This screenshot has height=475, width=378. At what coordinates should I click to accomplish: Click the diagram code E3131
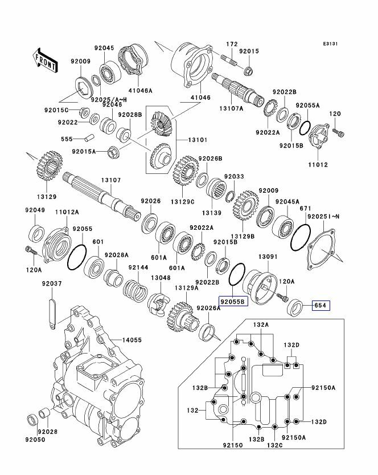332,43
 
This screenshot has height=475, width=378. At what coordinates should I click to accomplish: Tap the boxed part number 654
321,305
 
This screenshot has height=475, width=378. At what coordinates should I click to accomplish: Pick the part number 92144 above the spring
138,267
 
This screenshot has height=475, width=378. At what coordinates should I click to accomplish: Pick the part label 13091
268,257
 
